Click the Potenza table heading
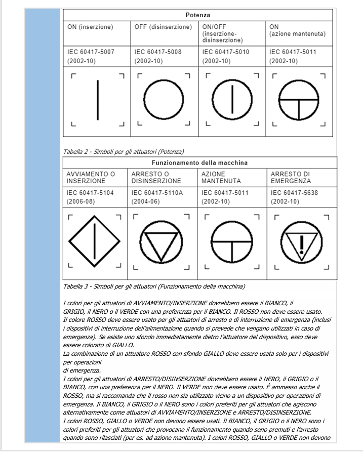click(x=197, y=15)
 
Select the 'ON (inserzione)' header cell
click(x=91, y=27)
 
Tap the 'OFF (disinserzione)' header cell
click(x=163, y=27)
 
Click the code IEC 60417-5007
click(x=91, y=52)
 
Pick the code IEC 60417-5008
click(x=158, y=52)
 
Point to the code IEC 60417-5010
click(x=226, y=52)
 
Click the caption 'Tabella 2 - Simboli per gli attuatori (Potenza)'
click(x=124, y=151)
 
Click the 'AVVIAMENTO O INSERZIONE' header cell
click(x=91, y=177)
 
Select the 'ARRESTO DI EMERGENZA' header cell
click(x=291, y=177)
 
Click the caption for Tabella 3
click(x=154, y=286)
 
